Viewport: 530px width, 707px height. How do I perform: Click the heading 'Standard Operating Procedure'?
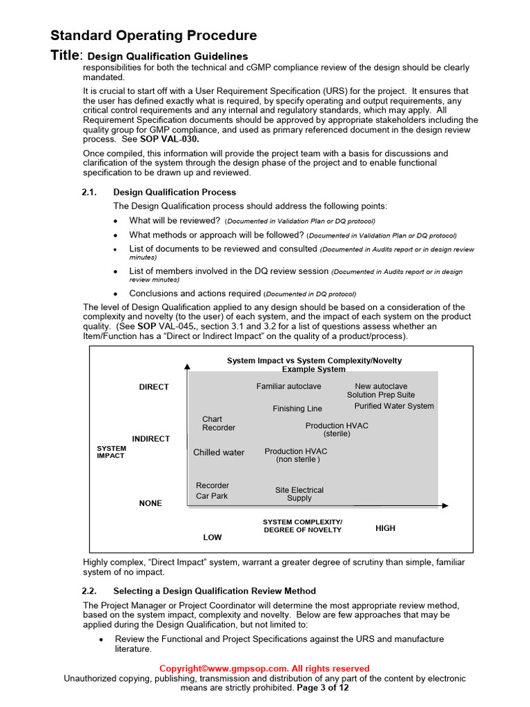[x=154, y=35]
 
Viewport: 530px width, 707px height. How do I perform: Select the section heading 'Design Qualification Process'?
[x=175, y=192]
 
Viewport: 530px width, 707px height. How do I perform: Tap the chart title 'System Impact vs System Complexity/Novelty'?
[x=314, y=360]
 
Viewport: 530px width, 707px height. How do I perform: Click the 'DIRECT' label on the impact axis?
[x=154, y=387]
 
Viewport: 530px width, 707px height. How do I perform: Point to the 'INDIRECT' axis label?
[x=150, y=439]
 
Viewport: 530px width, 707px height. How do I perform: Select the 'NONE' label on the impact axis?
[x=150, y=503]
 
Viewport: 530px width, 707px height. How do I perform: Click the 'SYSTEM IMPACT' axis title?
[x=111, y=452]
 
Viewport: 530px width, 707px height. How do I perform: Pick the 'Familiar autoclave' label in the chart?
[x=288, y=387]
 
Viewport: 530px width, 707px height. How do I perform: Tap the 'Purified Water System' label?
[x=394, y=406]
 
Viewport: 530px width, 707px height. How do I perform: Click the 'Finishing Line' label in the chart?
[x=297, y=409]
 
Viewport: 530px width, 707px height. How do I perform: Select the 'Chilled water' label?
[x=219, y=453]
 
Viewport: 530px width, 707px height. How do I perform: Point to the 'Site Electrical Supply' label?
[x=299, y=494]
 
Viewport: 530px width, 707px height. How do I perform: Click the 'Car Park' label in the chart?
[x=211, y=496]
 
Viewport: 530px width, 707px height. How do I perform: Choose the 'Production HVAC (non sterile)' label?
[x=296, y=455]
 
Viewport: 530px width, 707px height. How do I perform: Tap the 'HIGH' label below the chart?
[x=385, y=528]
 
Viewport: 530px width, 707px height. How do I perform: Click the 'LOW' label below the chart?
[x=213, y=536]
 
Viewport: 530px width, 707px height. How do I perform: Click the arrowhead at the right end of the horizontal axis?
[x=445, y=505]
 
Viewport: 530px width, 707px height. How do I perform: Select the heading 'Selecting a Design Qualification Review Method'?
[x=215, y=591]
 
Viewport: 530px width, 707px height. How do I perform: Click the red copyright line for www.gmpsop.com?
[x=264, y=668]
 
